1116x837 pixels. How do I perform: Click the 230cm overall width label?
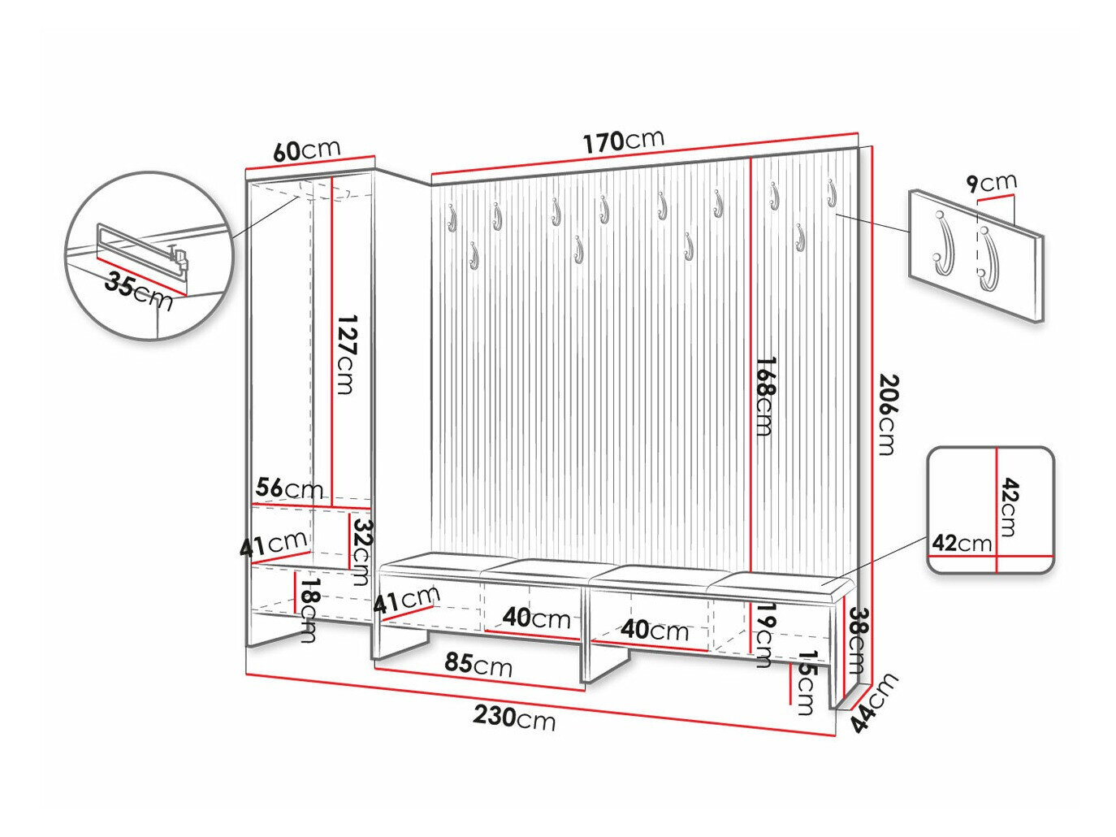tap(514, 718)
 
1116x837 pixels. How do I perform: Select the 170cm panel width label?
tap(624, 141)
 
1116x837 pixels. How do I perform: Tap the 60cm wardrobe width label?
tap(306, 150)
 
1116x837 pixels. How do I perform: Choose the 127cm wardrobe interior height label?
tap(346, 354)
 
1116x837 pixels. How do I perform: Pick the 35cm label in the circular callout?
tap(138, 293)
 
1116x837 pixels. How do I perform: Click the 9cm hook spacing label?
tap(992, 183)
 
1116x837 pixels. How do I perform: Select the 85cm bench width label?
tap(478, 665)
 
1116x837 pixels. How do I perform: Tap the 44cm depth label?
tap(875, 702)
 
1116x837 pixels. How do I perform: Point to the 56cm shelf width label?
tap(289, 488)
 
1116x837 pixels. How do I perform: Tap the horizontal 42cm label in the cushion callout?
tap(962, 544)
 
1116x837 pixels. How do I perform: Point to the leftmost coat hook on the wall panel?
tap(451, 217)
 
